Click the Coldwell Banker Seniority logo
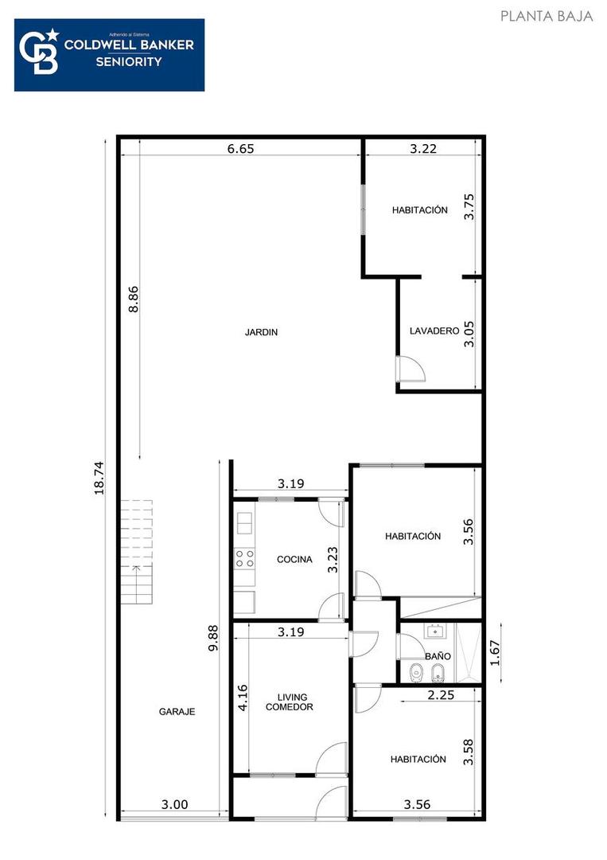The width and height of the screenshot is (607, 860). (109, 55)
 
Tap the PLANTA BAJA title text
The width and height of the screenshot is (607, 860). (547, 16)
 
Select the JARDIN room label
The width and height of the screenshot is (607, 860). (261, 333)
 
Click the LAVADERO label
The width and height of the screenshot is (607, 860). (434, 331)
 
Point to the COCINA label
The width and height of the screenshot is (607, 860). (294, 560)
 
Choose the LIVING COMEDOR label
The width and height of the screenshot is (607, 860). (289, 702)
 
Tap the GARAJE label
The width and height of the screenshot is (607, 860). (177, 712)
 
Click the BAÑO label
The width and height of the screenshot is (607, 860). (438, 656)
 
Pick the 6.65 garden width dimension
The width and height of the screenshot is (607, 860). (240, 148)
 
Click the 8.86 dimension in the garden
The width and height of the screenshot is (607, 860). (134, 299)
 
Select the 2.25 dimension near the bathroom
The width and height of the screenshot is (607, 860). (442, 695)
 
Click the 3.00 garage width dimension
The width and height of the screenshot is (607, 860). (174, 805)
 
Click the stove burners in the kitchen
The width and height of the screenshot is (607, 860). (245, 558)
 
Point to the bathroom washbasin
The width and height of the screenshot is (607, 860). (434, 633)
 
